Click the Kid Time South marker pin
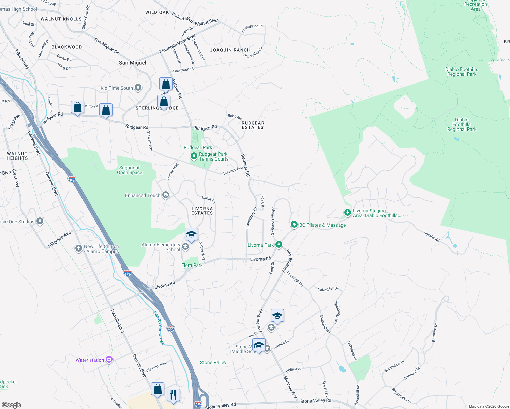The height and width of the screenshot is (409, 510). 138,88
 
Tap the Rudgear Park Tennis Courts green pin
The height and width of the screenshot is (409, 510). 194,156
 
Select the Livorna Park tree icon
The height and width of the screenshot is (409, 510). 279,244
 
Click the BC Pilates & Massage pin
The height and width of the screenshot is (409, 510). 294,225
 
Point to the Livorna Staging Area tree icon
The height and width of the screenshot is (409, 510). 347,213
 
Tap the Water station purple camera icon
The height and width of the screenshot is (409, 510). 109,360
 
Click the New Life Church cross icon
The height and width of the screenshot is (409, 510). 78,248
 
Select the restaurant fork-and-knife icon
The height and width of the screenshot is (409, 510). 173,395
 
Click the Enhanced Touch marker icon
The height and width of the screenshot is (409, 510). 166,195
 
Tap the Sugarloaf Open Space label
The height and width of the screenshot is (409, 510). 130,170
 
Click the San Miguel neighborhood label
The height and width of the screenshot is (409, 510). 133,63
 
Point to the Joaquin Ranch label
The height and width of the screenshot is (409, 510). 230,50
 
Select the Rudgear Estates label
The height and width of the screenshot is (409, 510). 253,125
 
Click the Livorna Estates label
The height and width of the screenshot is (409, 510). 202,211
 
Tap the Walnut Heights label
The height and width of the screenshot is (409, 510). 17,156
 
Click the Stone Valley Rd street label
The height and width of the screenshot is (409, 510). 316,401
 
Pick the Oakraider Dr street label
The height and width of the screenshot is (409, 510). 328,289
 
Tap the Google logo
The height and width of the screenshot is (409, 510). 12,405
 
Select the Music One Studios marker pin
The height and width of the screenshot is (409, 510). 40,222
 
